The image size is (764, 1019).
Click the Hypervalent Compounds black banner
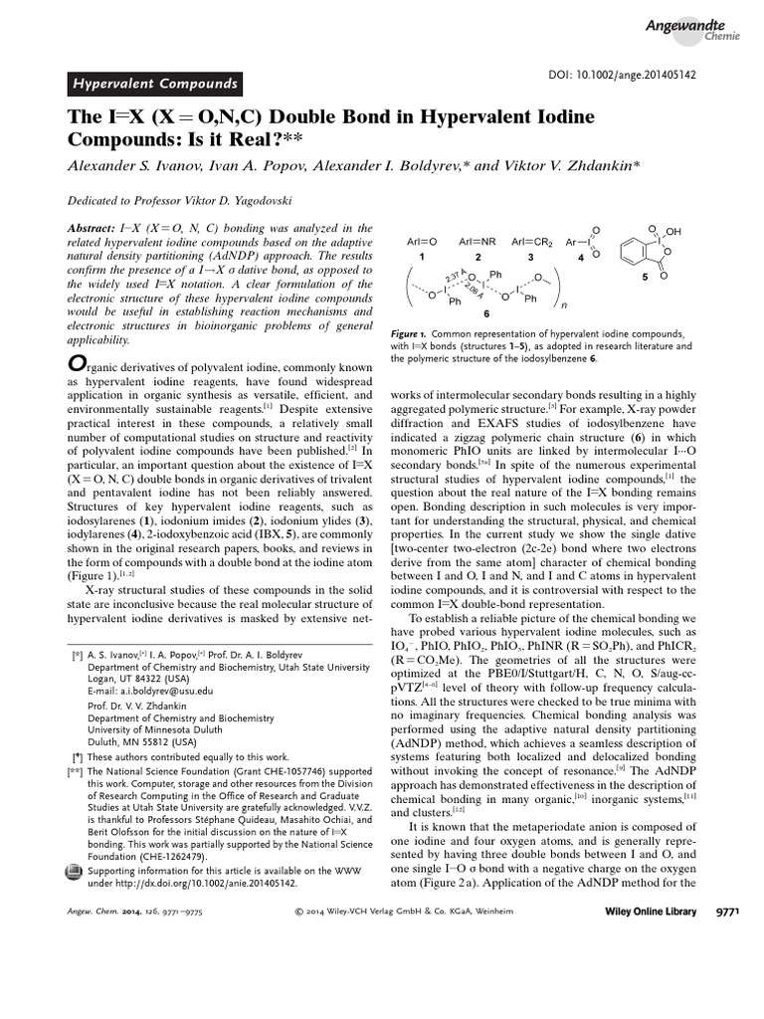point(153,84)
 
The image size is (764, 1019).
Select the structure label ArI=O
point(422,242)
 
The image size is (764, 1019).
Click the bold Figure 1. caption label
point(407,334)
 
